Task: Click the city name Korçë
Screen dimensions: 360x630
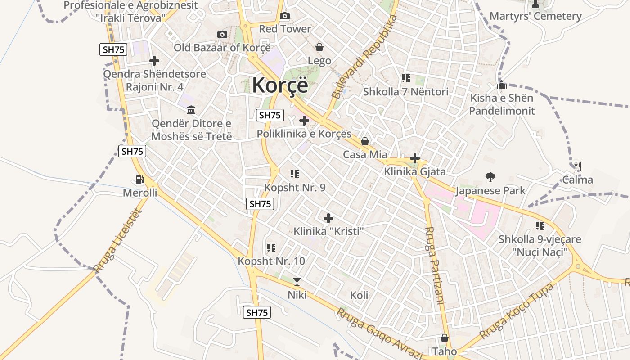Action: pyautogui.click(x=280, y=85)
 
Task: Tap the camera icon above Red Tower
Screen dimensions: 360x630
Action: pyautogui.click(x=284, y=17)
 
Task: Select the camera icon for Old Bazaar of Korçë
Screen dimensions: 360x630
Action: pyautogui.click(x=222, y=35)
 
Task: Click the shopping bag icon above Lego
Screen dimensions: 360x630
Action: pyautogui.click(x=319, y=47)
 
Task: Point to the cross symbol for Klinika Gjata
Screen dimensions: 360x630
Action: pyautogui.click(x=415, y=158)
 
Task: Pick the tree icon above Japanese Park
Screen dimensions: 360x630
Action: pyautogui.click(x=490, y=177)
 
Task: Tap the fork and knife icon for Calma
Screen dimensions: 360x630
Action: pyautogui.click(x=578, y=166)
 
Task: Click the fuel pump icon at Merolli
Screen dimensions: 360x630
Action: pyautogui.click(x=140, y=180)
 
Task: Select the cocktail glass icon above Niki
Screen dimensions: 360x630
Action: pyautogui.click(x=297, y=282)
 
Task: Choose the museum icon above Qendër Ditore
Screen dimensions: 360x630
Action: pyautogui.click(x=191, y=110)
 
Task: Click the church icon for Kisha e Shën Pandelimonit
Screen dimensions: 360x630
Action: pyautogui.click(x=502, y=85)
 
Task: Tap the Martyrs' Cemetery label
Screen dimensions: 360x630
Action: pyautogui.click(x=535, y=16)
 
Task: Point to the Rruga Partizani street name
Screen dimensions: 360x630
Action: pyautogui.click(x=435, y=265)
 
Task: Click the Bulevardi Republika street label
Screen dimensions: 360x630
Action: pyautogui.click(x=364, y=57)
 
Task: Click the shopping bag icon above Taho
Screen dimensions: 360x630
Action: pyautogui.click(x=445, y=338)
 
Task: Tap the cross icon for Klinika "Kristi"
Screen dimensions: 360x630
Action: pyautogui.click(x=328, y=218)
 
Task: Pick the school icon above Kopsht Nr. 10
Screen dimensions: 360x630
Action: pyautogui.click(x=271, y=247)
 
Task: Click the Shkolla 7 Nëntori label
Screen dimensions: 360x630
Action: pyautogui.click(x=405, y=92)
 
